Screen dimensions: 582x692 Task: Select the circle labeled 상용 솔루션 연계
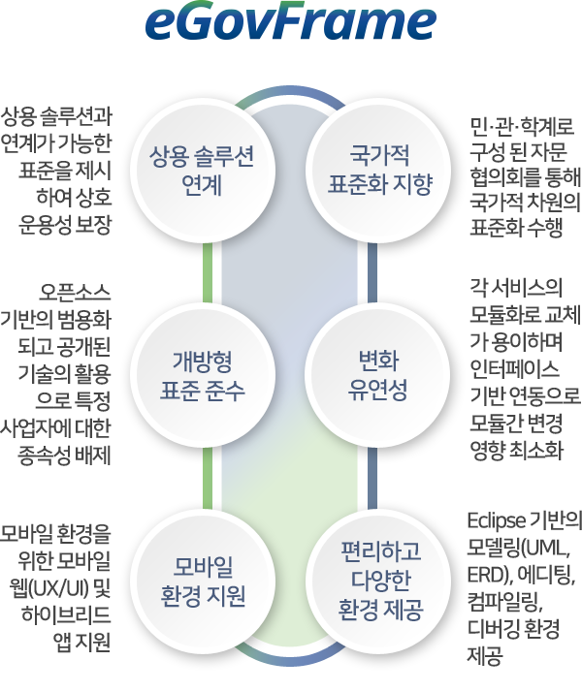pos(203,171)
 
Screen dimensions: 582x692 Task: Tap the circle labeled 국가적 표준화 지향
pos(378,171)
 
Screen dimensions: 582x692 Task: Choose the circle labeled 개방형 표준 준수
pos(203,376)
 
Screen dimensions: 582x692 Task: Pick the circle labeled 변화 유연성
pos(378,376)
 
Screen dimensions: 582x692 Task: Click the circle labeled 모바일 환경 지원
pos(203,582)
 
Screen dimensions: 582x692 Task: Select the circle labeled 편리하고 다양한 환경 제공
pos(378,582)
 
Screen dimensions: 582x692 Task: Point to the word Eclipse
pos(496,521)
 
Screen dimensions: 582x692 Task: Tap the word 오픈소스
pos(75,292)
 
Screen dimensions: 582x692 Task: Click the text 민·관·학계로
pos(522,126)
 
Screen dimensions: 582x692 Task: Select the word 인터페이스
pos(514,369)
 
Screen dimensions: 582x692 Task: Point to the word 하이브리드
pos(66,615)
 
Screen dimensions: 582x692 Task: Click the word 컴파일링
pos(504,602)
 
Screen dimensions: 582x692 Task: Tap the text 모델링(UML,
pos(519,549)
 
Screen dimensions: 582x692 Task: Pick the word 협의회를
pos(504,177)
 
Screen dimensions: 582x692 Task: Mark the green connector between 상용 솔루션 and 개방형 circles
pos(208,273)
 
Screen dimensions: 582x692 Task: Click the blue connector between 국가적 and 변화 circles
pos(372,273)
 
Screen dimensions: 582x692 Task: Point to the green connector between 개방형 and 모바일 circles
pos(208,479)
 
